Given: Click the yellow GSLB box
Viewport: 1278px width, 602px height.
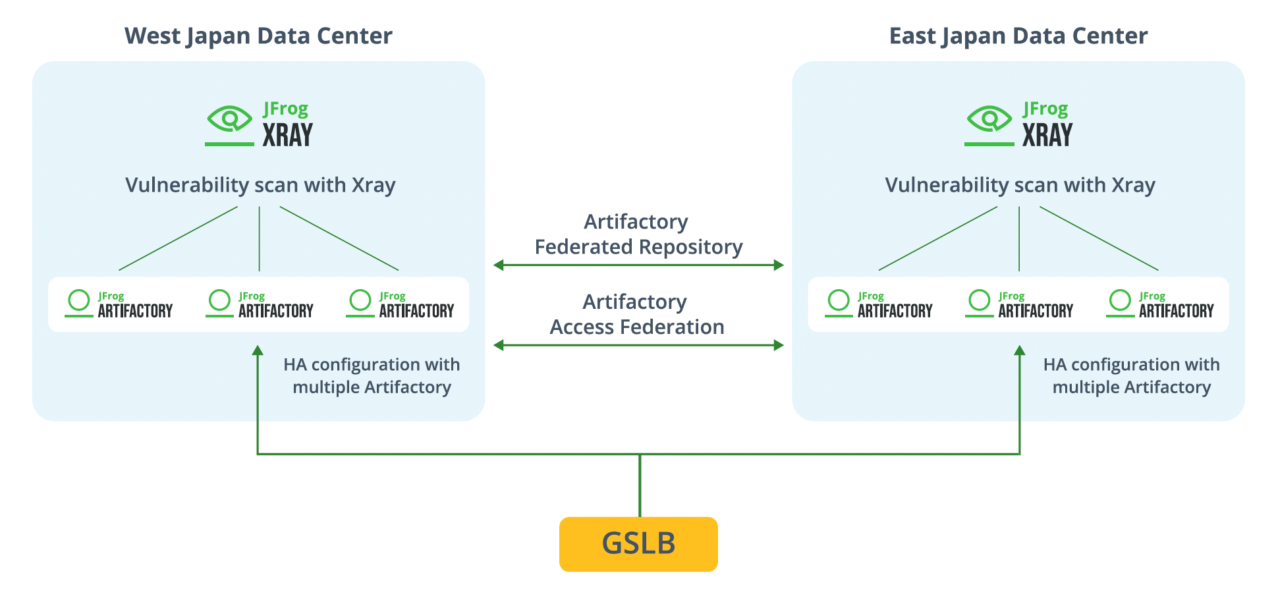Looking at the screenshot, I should click(638, 543).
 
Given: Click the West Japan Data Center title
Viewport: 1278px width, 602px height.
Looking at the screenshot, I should click(258, 36).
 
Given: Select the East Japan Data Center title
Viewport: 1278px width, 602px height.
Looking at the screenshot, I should click(1018, 36).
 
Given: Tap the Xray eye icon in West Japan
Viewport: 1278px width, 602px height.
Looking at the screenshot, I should click(229, 120).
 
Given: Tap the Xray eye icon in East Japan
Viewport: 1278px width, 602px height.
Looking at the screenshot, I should click(989, 120).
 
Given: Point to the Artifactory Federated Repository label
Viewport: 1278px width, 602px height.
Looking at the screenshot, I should click(638, 234).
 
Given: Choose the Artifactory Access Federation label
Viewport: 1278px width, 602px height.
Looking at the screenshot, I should click(636, 314).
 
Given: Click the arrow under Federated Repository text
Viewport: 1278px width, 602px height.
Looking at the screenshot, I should click(638, 265).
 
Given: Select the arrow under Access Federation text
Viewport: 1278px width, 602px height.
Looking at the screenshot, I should click(638, 345).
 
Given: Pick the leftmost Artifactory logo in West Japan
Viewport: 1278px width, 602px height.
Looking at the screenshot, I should click(119, 304).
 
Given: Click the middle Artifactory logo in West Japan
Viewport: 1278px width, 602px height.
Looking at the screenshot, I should click(260, 304).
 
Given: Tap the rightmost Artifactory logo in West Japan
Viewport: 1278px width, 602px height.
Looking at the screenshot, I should click(400, 304).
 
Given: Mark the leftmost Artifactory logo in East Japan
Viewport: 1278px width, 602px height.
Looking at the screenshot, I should click(879, 304).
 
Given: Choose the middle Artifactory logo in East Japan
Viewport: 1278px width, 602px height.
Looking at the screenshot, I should click(1019, 304).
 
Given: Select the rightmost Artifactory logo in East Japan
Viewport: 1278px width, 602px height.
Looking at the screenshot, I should click(1159, 304).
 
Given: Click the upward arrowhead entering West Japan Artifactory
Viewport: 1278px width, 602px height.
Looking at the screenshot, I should click(258, 350).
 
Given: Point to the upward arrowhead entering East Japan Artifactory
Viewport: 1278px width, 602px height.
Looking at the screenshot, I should click(1020, 350).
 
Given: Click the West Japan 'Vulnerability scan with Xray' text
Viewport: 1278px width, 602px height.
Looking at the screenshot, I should click(260, 185).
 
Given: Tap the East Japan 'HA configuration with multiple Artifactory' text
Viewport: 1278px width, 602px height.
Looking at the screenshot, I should click(1131, 375).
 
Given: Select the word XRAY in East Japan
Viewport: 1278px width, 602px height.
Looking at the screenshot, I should click(1047, 135).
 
